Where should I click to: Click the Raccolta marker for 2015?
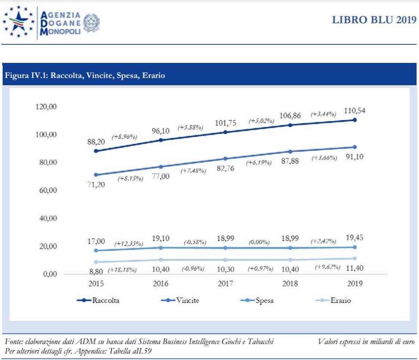[96, 151]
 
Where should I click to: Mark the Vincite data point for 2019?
[354, 147]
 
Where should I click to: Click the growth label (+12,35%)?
[128, 244]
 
